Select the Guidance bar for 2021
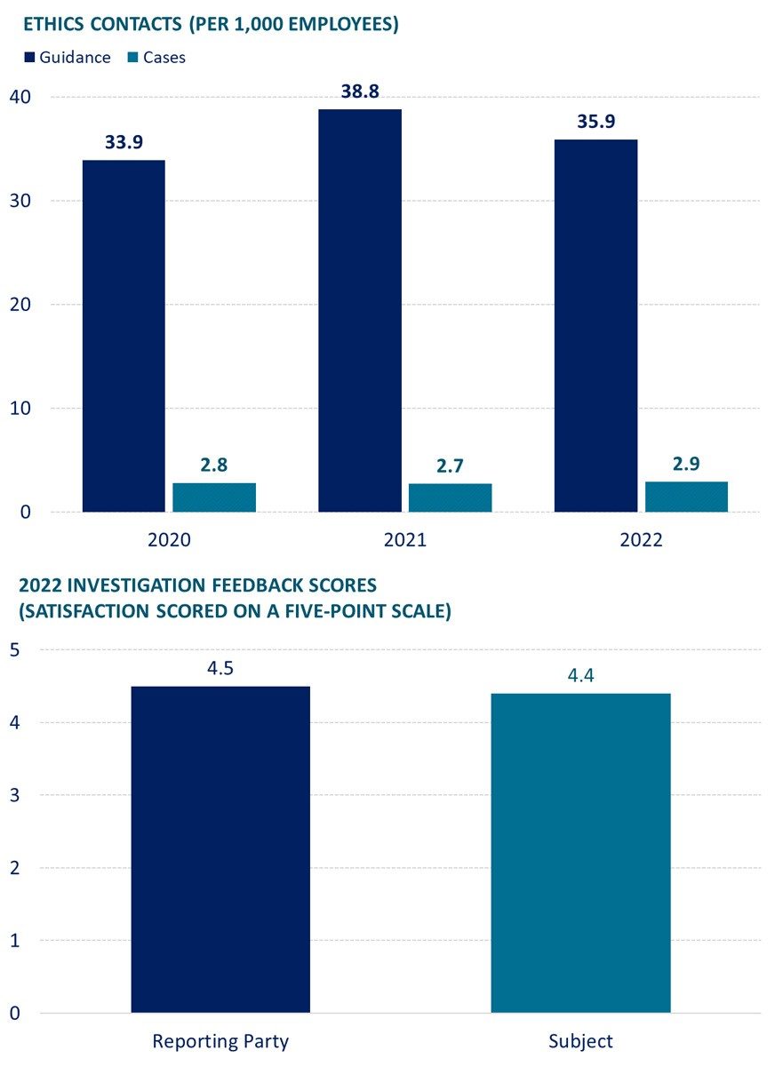pyautogui.click(x=360, y=311)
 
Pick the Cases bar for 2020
pyautogui.click(x=214, y=497)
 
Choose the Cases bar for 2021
pyautogui.click(x=450, y=497)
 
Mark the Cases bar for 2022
pyautogui.click(x=686, y=497)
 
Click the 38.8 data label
pyautogui.click(x=360, y=91)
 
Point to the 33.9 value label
pyautogui.click(x=124, y=142)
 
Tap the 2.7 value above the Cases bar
pyautogui.click(x=450, y=465)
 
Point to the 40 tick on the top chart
pyautogui.click(x=22, y=96)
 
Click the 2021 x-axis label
pyautogui.click(x=405, y=540)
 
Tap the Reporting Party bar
pyautogui.click(x=220, y=848)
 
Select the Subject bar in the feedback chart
pyautogui.click(x=580, y=853)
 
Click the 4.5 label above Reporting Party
pyautogui.click(x=220, y=668)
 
